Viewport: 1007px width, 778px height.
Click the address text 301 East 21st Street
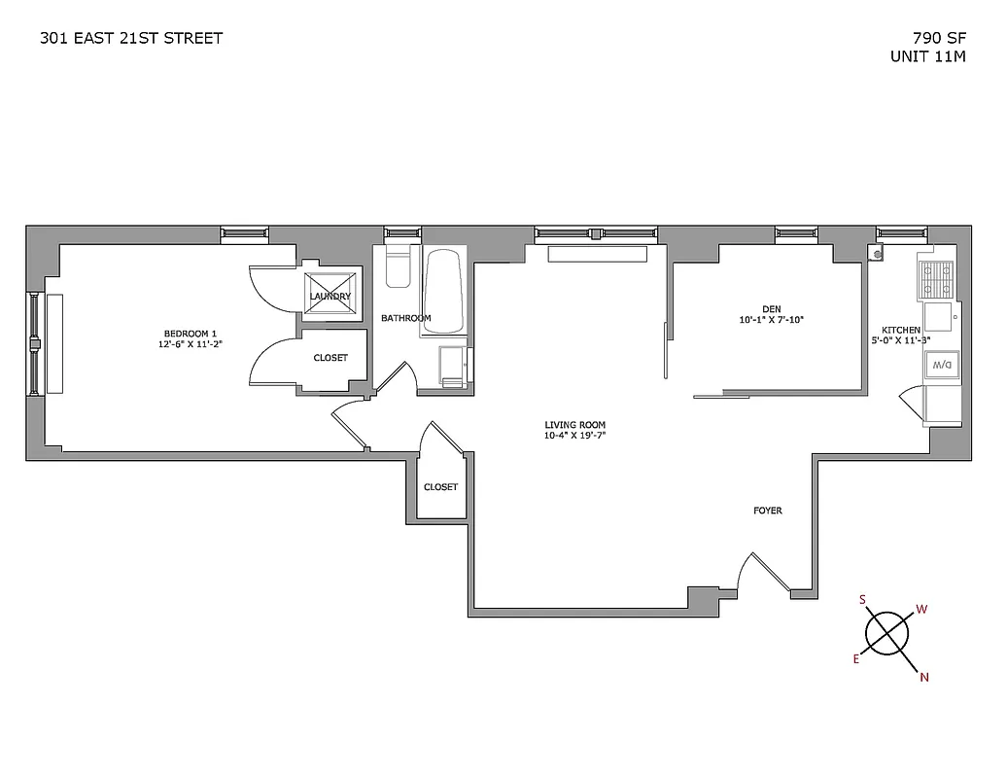point(131,38)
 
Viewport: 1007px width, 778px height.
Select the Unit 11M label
point(927,56)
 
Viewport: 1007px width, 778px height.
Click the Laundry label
point(330,297)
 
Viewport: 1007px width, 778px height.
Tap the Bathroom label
point(405,318)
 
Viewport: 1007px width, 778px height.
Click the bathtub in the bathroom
point(444,292)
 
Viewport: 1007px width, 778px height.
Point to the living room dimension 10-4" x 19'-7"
point(575,437)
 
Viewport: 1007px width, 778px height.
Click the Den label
point(772,309)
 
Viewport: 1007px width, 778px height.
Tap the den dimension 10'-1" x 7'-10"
point(772,320)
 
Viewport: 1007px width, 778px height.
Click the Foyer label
point(768,511)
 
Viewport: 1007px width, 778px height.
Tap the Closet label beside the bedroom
point(330,358)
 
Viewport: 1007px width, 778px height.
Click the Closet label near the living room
point(440,487)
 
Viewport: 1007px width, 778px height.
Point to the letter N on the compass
point(924,678)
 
